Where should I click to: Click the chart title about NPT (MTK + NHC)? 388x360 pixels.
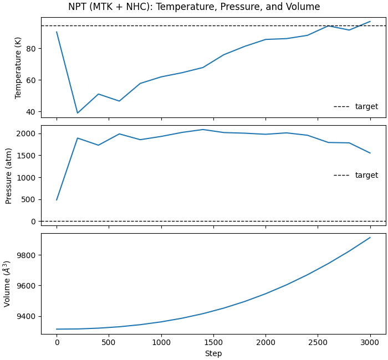click(x=194, y=7)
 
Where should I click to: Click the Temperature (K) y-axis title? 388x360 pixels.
click(x=18, y=68)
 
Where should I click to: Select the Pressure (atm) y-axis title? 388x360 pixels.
click(x=9, y=176)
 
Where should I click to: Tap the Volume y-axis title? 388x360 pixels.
click(x=8, y=284)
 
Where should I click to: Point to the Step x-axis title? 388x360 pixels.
click(x=213, y=353)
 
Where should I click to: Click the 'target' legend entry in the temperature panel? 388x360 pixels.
click(x=366, y=106)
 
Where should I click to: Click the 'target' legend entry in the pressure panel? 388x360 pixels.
click(x=366, y=175)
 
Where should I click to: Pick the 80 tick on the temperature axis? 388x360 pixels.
click(x=30, y=49)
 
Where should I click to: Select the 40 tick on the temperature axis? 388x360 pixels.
click(x=30, y=112)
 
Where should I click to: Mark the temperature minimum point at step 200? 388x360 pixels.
click(x=78, y=113)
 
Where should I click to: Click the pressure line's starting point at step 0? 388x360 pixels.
click(x=57, y=200)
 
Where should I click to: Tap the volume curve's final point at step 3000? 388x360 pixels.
click(x=370, y=238)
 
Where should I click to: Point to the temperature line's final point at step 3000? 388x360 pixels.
click(x=370, y=22)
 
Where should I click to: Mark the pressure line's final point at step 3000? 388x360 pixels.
click(x=370, y=153)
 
